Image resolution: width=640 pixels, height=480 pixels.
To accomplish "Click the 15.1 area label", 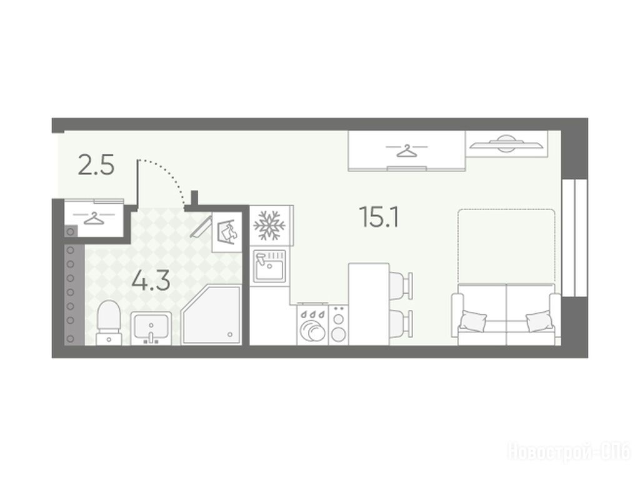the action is point(379,217).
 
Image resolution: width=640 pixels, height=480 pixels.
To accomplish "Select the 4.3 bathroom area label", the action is point(151,281).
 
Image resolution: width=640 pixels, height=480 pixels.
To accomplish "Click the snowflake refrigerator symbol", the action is point(269,225).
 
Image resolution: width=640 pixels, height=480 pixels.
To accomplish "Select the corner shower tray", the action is point(211,315).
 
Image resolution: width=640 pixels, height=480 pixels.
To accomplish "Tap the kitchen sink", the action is point(269,266).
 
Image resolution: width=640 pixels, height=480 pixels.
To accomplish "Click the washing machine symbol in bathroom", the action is point(227,232).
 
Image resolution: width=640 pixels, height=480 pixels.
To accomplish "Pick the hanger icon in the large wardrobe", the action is point(406,150).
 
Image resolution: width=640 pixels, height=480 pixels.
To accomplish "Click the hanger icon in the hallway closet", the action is point(94,218).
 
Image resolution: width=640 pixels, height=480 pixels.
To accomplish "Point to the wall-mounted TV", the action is point(506,144).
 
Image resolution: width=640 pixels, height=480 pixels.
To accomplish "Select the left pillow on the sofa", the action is point(473,320).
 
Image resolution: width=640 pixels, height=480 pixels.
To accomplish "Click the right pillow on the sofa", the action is point(539,321).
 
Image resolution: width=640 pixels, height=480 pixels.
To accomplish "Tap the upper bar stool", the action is point(401,283).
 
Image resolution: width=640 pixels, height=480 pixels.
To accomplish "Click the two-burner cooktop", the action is point(338,325).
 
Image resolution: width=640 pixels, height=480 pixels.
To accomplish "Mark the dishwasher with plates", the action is point(312,325).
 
